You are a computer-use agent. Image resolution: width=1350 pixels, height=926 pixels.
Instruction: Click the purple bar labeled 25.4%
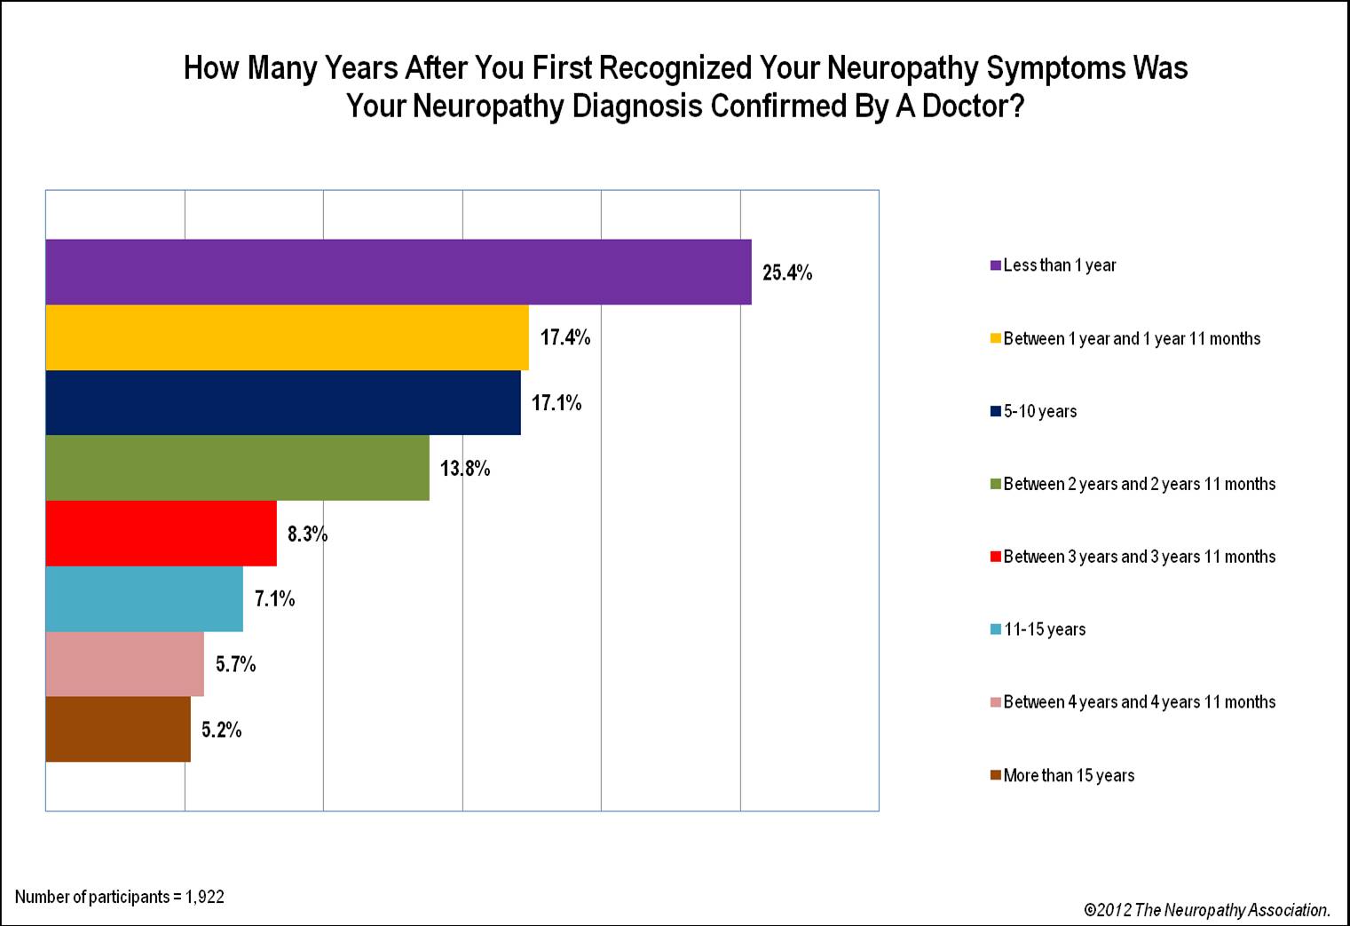click(x=399, y=272)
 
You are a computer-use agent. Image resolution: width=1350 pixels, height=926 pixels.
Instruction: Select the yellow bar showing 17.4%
click(x=287, y=337)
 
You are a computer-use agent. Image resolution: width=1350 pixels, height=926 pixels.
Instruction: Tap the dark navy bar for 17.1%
click(x=283, y=403)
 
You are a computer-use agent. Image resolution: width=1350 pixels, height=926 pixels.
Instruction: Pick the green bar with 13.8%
click(x=237, y=468)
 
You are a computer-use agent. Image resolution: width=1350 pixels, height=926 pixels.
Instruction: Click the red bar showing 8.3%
click(x=161, y=534)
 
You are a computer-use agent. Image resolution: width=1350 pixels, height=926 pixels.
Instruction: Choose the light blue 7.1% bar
click(x=144, y=599)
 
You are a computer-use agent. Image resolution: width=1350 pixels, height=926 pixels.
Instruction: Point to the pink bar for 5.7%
click(x=124, y=664)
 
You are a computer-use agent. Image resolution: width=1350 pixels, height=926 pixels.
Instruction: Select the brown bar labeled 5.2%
click(x=118, y=730)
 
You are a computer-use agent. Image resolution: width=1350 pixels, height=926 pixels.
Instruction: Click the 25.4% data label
click(x=787, y=273)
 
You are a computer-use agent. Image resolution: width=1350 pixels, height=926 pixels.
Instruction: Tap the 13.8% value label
click(x=465, y=469)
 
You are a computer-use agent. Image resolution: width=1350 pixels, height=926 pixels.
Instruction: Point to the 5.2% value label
click(x=221, y=730)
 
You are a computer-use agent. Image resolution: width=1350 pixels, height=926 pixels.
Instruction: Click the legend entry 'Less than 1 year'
click(x=1059, y=265)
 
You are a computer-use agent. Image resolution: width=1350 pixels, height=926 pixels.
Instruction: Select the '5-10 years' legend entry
click(x=1039, y=411)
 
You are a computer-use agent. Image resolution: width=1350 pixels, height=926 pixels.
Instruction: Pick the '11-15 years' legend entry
click(x=1044, y=629)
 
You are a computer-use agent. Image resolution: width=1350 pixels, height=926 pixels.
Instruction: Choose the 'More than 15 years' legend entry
click(x=1069, y=775)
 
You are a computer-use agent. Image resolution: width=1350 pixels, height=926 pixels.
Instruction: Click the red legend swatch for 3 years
click(x=996, y=557)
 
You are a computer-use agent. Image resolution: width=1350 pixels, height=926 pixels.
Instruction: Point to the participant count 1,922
click(x=204, y=897)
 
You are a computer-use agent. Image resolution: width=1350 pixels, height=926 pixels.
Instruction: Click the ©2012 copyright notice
click(x=1206, y=910)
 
